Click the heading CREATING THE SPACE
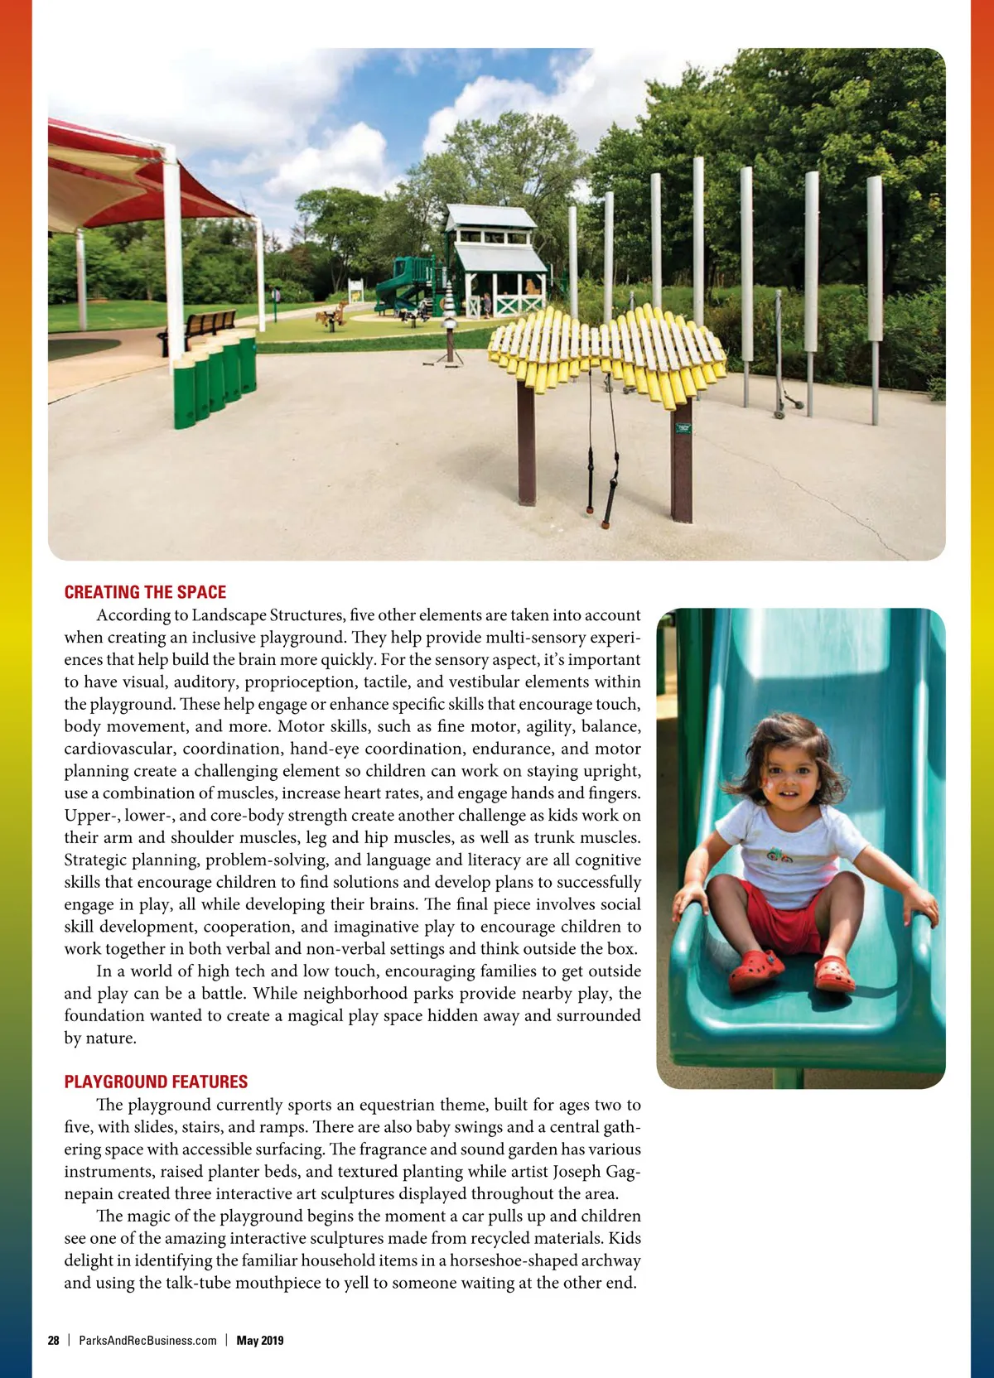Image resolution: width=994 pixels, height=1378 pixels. click(x=145, y=592)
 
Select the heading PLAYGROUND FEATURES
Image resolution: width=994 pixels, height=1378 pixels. click(x=156, y=1082)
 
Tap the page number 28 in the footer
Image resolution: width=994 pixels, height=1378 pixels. click(x=54, y=1341)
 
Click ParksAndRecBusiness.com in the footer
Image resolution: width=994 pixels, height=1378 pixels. click(x=147, y=1341)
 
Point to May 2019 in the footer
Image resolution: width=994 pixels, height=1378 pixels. click(x=260, y=1341)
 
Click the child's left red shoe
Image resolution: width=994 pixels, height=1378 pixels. click(x=834, y=974)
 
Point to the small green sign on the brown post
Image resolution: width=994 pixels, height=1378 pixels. click(x=683, y=427)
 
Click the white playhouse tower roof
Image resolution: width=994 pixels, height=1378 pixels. click(x=490, y=218)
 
